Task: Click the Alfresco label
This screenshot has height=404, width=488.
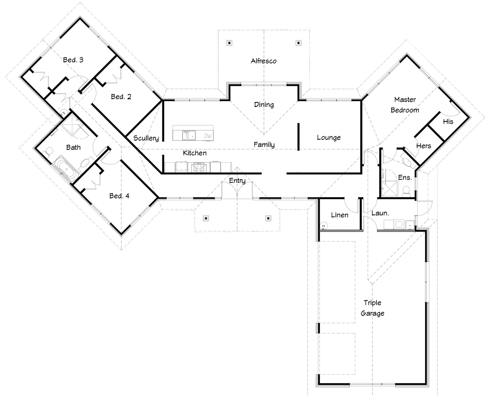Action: [264, 61]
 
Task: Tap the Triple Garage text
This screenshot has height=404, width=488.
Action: [373, 308]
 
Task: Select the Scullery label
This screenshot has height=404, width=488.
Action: [146, 138]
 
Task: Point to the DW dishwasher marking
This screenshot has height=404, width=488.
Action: [208, 136]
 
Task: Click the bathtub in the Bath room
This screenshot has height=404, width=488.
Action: [66, 169]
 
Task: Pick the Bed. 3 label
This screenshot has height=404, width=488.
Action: [73, 60]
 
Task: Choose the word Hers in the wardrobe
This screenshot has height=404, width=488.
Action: [423, 146]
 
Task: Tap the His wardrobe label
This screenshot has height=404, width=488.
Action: [448, 122]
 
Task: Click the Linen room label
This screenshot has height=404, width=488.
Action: [340, 215]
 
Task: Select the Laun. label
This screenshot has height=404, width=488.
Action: [380, 213]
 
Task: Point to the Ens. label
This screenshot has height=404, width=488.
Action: [405, 178]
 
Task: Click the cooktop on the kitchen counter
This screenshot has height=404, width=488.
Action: [199, 167]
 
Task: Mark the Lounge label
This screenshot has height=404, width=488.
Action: [329, 138]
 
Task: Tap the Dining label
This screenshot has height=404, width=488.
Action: [264, 105]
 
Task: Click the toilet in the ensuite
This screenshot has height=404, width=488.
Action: [406, 190]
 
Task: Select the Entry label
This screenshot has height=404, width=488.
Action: [237, 180]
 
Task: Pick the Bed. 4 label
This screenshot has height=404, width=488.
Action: [119, 196]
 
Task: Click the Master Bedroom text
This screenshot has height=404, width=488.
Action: [405, 105]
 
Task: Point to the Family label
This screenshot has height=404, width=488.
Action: [264, 145]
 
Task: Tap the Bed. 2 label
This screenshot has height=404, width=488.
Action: [121, 97]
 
